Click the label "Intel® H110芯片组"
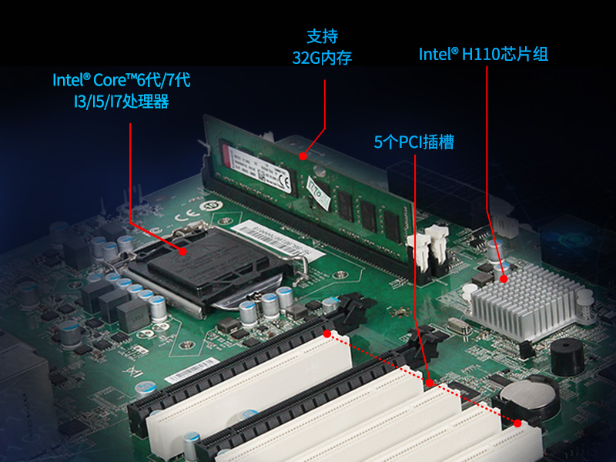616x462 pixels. [x=484, y=55]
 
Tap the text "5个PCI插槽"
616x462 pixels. [x=413, y=142]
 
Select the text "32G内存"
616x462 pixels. [x=322, y=58]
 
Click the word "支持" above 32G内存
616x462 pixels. [x=323, y=36]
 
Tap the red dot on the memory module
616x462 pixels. [x=303, y=156]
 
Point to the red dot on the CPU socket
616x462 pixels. [x=183, y=251]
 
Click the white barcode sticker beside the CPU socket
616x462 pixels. [x=260, y=230]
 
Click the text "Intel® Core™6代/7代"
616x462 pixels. [x=121, y=79]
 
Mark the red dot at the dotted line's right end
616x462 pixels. [x=517, y=423]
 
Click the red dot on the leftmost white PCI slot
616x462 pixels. [x=328, y=335]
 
